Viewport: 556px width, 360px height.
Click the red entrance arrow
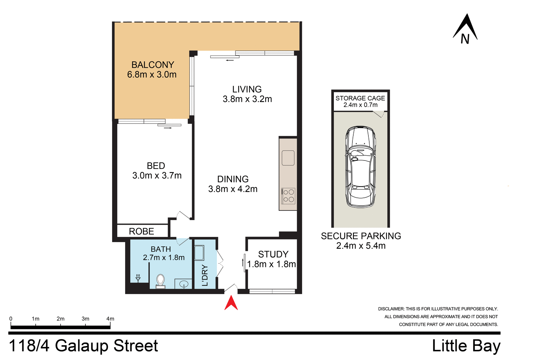(231, 303)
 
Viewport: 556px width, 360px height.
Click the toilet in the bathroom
(160, 282)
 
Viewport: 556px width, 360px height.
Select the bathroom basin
(184, 284)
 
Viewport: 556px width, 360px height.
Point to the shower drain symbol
(138, 278)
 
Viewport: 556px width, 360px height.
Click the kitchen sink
(288, 158)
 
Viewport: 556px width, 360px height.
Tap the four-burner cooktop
(288, 196)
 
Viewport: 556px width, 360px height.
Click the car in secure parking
(361, 167)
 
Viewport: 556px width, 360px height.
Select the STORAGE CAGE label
(360, 98)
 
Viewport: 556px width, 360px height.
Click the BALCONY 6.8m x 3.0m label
(152, 70)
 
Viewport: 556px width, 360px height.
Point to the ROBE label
(141, 231)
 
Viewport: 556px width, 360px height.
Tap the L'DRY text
(205, 275)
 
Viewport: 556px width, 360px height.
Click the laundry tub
(199, 253)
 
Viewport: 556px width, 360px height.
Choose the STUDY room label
(273, 254)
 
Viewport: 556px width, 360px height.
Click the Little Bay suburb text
(466, 346)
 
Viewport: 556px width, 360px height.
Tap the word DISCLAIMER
(391, 309)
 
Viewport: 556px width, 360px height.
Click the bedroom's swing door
(184, 215)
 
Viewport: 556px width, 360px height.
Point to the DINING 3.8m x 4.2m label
(233, 184)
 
